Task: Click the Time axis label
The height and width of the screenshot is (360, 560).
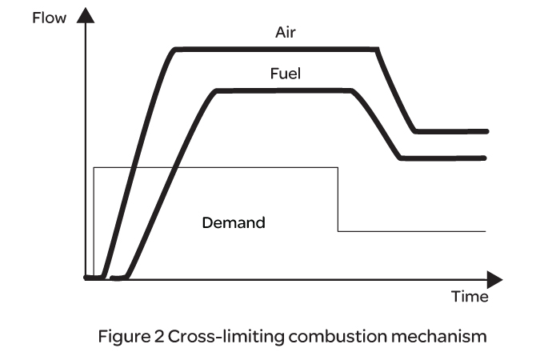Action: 470,298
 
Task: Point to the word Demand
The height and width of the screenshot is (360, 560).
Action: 233,222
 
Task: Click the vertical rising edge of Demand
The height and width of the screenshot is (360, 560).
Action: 94,222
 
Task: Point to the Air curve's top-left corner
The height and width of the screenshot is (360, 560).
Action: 177,50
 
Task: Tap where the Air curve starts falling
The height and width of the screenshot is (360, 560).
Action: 377,50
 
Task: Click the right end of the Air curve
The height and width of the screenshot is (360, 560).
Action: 485,130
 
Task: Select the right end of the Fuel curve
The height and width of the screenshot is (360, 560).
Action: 485,158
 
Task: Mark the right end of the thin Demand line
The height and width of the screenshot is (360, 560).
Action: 485,231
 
